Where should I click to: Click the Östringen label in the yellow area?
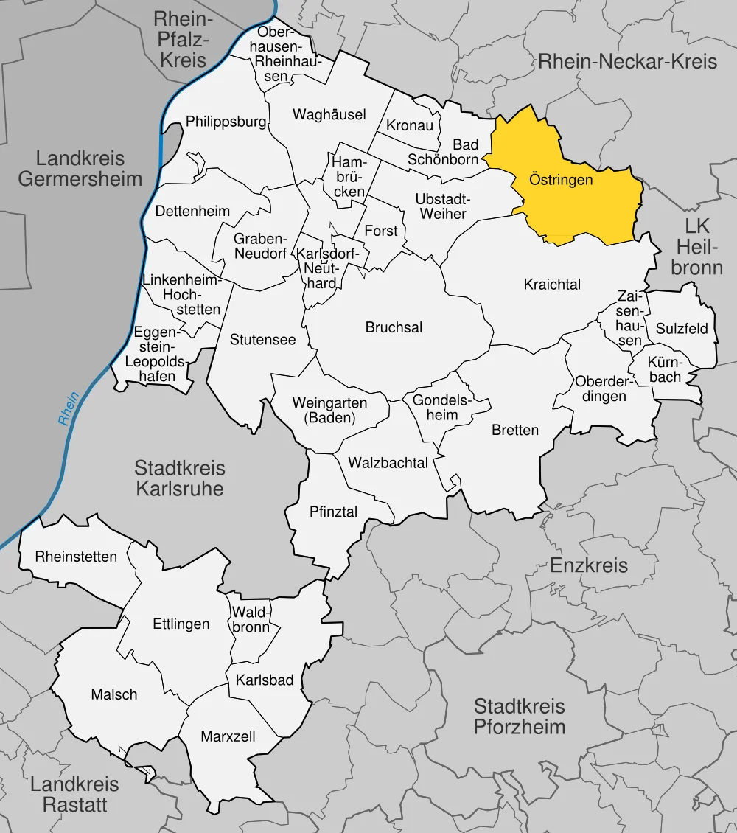click(x=561, y=180)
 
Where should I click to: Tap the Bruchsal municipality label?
click(x=394, y=327)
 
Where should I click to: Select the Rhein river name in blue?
click(x=69, y=410)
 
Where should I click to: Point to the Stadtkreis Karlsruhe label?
click(x=180, y=478)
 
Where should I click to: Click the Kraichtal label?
click(x=552, y=284)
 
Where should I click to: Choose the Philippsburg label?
click(x=226, y=122)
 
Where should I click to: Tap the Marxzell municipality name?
click(x=228, y=736)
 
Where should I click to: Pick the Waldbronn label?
click(x=251, y=619)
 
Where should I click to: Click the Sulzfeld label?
click(x=681, y=328)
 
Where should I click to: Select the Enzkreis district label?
click(x=589, y=565)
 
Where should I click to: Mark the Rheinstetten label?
click(x=76, y=557)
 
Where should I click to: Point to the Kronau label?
click(x=410, y=125)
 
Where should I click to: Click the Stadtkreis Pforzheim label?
click(x=519, y=717)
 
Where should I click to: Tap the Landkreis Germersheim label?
click(x=80, y=168)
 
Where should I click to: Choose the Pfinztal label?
click(x=333, y=511)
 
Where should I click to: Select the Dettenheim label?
click(x=192, y=211)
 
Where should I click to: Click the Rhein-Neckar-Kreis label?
click(x=627, y=61)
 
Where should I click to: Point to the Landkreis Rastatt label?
click(x=74, y=794)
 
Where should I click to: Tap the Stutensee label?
click(x=262, y=340)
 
